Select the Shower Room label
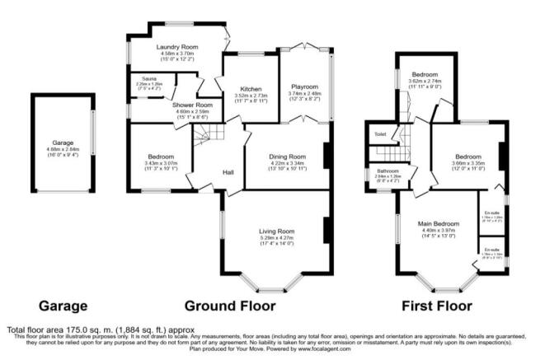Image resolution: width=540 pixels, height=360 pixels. pyautogui.click(x=192, y=105)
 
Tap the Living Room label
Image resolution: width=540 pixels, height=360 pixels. pyautogui.click(x=275, y=231)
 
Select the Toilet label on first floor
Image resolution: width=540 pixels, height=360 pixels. pyautogui.click(x=380, y=133)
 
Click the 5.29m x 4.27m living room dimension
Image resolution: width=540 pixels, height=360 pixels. pyautogui.click(x=275, y=238)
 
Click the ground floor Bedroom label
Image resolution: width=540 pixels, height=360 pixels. pyautogui.click(x=160, y=157)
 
